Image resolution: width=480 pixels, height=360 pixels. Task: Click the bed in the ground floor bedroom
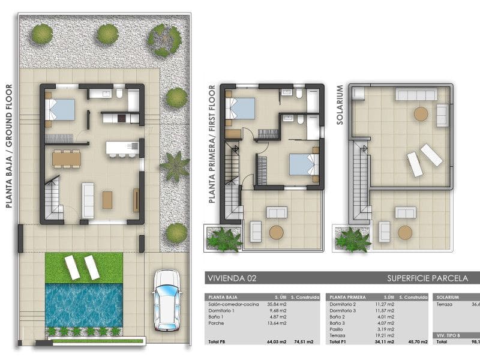pos(61,110)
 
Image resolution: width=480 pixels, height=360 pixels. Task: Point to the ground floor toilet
pos(119,94)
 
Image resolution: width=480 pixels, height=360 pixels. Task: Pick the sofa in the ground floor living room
pos(88,200)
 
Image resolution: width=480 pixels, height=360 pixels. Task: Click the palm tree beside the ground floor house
pos(175,166)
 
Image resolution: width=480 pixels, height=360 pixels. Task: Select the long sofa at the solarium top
pos(415,95)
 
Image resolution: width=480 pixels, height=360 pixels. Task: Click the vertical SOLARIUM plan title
pos(340,104)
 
